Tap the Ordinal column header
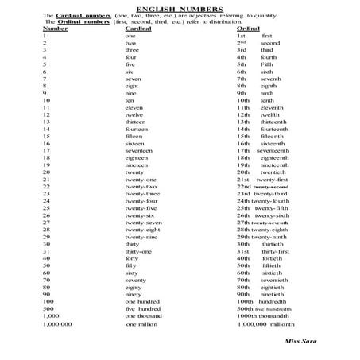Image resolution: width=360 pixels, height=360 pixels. click(x=248, y=29)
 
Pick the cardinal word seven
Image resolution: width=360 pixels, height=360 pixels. click(x=134, y=79)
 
